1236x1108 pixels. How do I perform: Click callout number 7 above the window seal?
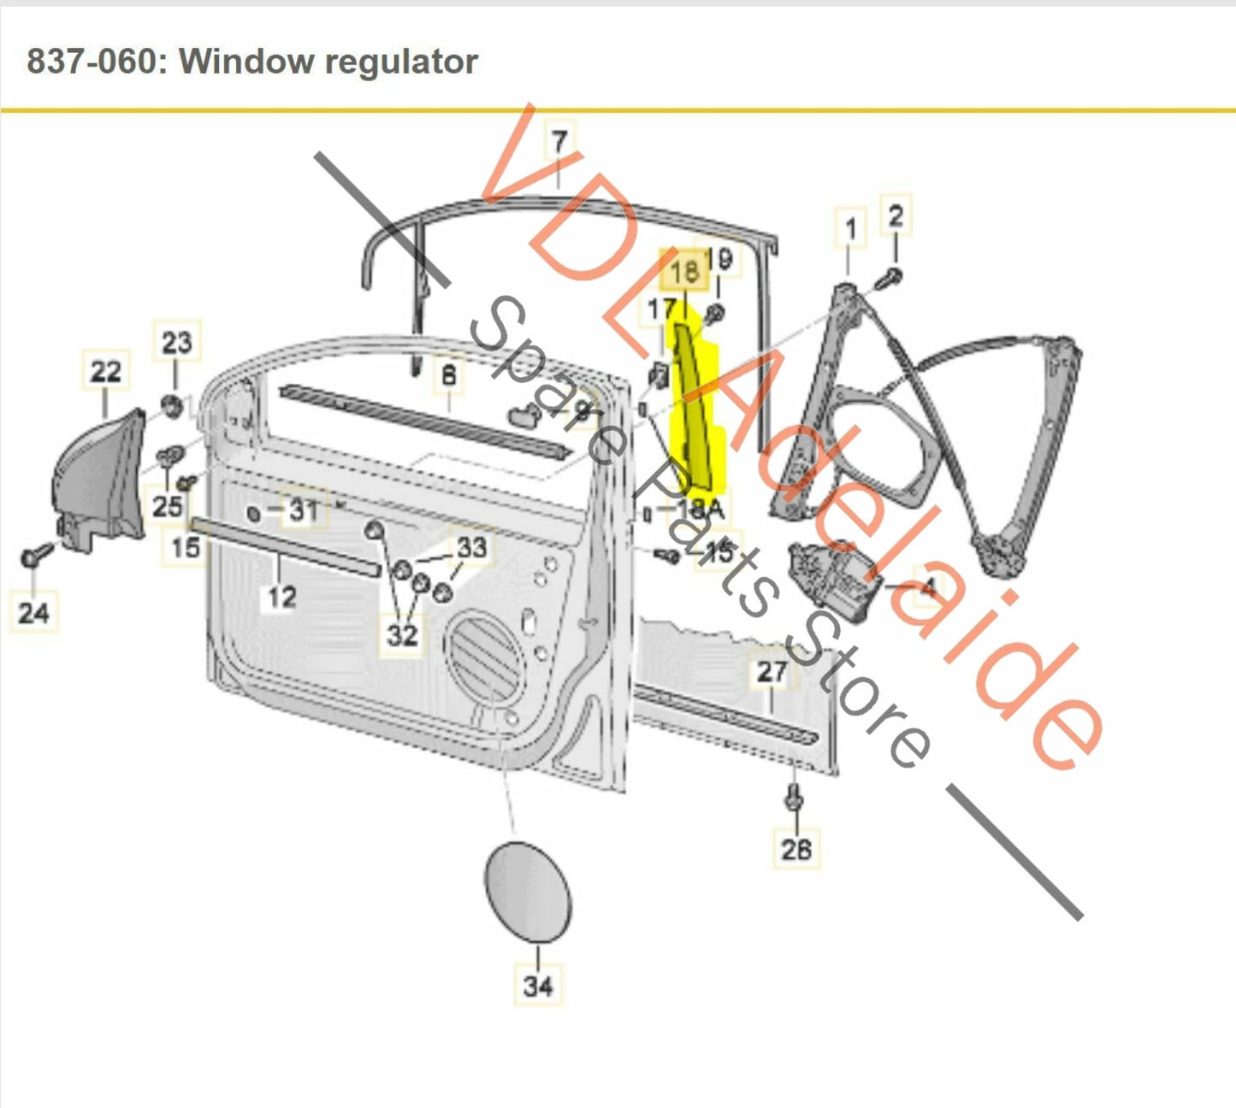(559, 141)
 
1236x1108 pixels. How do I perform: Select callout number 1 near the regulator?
(849, 229)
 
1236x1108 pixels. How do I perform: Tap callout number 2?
(895, 215)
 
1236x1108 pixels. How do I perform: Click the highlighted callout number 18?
(684, 272)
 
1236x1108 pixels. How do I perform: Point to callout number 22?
(105, 372)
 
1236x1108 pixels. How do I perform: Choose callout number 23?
(176, 343)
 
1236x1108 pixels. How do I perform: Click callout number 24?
(33, 612)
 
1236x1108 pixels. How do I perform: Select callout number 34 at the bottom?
(538, 986)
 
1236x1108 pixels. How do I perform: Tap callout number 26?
(796, 848)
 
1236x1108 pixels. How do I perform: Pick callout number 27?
(771, 671)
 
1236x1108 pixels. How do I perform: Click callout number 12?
(281, 597)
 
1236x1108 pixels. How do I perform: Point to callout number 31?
(303, 510)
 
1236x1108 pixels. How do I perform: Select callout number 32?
(402, 634)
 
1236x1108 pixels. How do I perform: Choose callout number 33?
(471, 547)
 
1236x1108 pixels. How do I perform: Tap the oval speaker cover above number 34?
(527, 892)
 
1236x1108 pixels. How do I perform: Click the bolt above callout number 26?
(793, 798)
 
